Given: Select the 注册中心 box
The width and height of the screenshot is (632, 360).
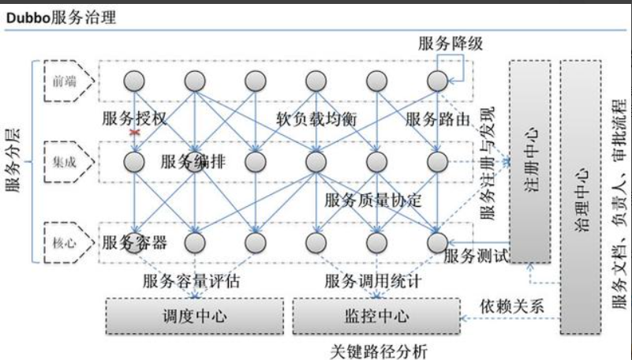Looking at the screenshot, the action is point(529,160).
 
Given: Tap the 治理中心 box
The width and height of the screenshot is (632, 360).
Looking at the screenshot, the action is point(581,197).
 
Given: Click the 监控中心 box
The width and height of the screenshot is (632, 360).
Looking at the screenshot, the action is point(376,317).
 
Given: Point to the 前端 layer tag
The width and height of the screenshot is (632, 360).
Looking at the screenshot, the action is point(62,80).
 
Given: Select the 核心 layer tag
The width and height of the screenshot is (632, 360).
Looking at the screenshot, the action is point(62,243).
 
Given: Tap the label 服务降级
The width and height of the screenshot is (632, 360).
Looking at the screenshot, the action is point(450,43).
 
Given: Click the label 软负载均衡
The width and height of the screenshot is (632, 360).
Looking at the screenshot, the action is point(316,119).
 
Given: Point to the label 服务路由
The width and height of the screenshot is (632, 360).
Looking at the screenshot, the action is point(438,119).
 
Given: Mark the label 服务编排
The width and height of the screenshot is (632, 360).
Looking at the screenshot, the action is point(193,162).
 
